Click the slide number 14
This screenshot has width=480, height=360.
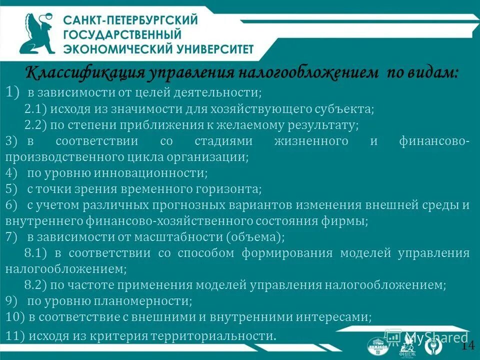pyautogui.click(x=468, y=345)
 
